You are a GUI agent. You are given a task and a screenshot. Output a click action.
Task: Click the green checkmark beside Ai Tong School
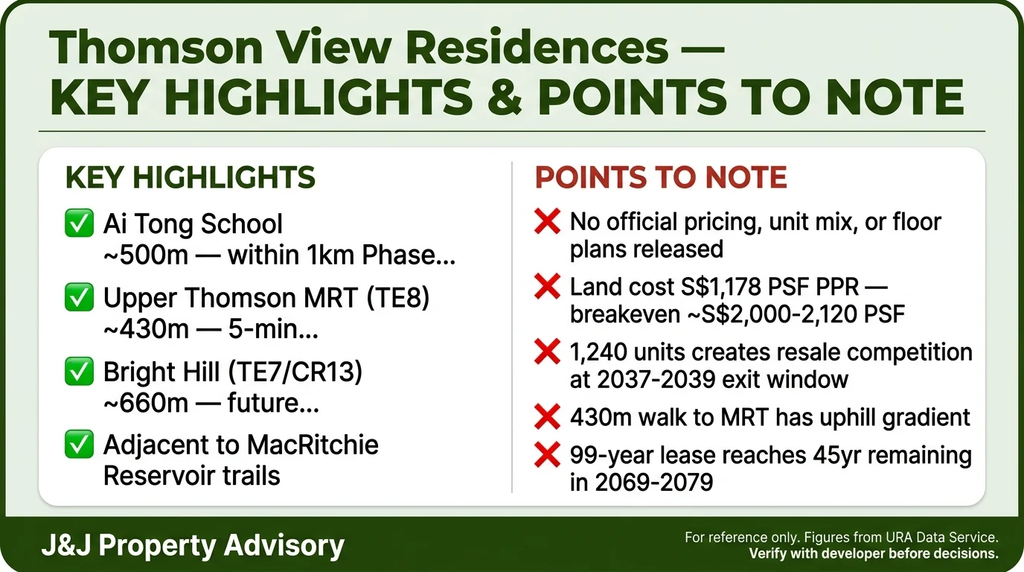[79, 224]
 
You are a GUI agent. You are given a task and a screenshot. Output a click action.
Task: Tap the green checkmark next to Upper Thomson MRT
[79, 298]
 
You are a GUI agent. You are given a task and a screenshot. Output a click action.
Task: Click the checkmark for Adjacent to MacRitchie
[79, 445]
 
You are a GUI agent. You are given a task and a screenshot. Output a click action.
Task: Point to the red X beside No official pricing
[548, 222]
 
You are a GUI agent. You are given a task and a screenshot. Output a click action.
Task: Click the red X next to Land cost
[548, 287]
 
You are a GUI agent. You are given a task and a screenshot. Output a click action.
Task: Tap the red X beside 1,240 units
[548, 352]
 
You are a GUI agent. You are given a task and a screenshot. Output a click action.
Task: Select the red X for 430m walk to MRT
[548, 416]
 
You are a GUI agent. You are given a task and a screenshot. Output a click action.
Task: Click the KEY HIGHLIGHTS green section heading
[191, 178]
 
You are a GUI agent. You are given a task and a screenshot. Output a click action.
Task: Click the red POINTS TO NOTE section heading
[661, 178]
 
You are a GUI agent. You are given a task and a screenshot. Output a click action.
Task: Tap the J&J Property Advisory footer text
[193, 545]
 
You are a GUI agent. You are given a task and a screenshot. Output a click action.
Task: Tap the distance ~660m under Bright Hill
[147, 402]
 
